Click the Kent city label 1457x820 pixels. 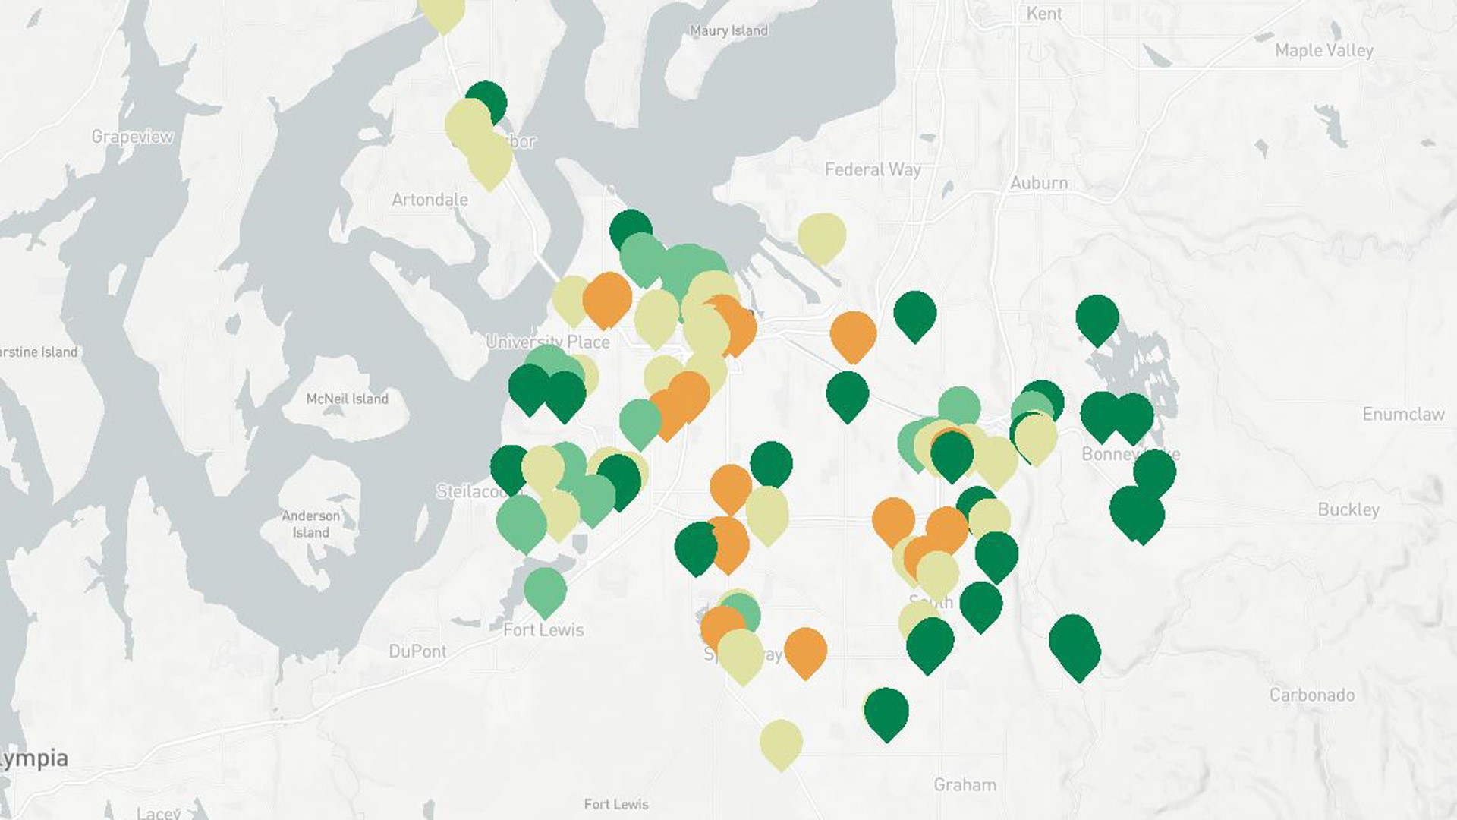pyautogui.click(x=1044, y=13)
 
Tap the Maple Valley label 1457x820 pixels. pyautogui.click(x=1323, y=50)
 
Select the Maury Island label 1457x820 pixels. pyautogui.click(x=728, y=30)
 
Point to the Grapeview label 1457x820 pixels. pyautogui.click(x=132, y=137)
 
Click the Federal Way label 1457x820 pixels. pyautogui.click(x=873, y=169)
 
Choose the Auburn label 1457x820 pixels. pyautogui.click(x=1039, y=183)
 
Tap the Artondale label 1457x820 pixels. pyautogui.click(x=430, y=200)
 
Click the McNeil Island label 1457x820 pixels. pyautogui.click(x=347, y=399)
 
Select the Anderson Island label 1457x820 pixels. pyautogui.click(x=311, y=524)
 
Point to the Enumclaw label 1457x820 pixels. pyautogui.click(x=1403, y=414)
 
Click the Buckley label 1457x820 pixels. pyautogui.click(x=1348, y=509)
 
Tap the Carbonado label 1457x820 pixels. pyautogui.click(x=1312, y=695)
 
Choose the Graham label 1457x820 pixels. pyautogui.click(x=965, y=784)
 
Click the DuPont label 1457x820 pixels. pyautogui.click(x=417, y=651)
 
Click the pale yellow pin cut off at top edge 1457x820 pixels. pyautogui.click(x=442, y=11)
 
